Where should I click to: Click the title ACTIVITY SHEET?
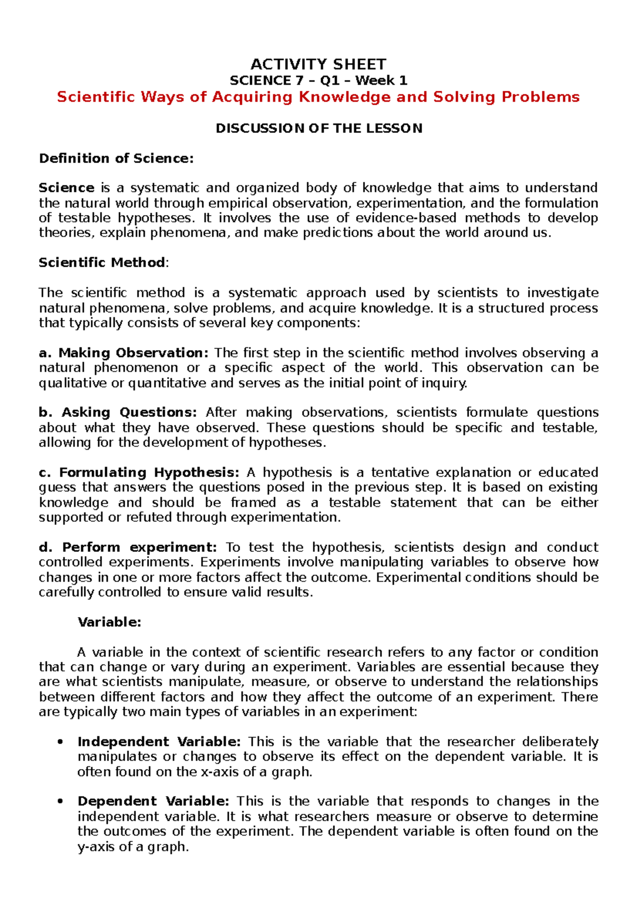tap(318, 65)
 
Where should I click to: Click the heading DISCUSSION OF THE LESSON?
tap(318, 129)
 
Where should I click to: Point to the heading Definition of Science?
tap(116, 158)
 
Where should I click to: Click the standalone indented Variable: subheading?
tap(109, 622)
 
